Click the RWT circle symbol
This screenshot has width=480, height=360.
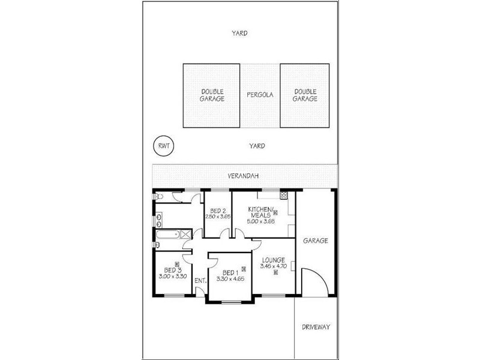coord(161,146)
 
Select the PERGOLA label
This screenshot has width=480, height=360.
coord(260,95)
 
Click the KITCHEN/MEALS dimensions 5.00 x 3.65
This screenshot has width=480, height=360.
coord(261,221)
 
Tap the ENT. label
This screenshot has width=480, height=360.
coord(200,280)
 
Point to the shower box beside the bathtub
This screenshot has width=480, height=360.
coord(186,235)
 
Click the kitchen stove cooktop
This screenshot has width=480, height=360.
coord(284,194)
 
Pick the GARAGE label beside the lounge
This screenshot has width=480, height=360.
coord(316,241)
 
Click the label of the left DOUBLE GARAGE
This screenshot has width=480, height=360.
coord(212,95)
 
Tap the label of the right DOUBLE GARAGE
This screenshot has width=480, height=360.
coord(305,95)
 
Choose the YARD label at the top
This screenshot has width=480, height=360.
coord(240,34)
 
